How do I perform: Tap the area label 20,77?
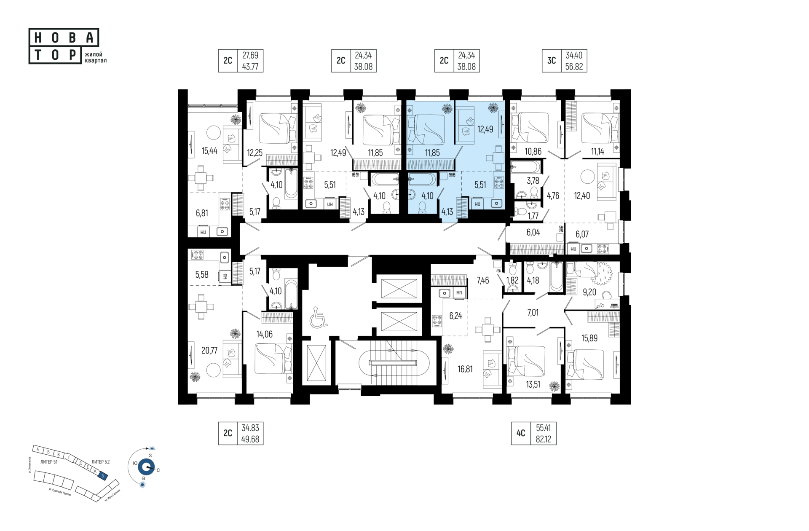tap(209, 350)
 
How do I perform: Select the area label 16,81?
tap(465, 369)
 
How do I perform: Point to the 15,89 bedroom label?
tap(589, 338)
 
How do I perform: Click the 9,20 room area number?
tap(589, 292)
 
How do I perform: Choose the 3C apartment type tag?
tap(552, 61)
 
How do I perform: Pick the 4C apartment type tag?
tap(521, 433)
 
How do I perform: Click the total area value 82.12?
tap(544, 439)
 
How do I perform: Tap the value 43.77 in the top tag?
tap(250, 67)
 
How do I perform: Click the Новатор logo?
tap(64, 46)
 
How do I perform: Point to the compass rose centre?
tap(146, 467)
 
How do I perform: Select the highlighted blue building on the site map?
tap(102, 476)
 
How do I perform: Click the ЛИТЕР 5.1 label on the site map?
tap(49, 462)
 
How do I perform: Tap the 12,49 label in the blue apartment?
tap(485, 129)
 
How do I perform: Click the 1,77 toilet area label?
tap(533, 216)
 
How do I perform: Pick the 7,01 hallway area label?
tap(533, 313)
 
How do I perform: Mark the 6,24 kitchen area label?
tap(455, 316)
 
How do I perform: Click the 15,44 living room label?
tap(209, 151)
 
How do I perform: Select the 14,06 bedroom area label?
tap(264, 335)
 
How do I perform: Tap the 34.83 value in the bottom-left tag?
tap(250, 428)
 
